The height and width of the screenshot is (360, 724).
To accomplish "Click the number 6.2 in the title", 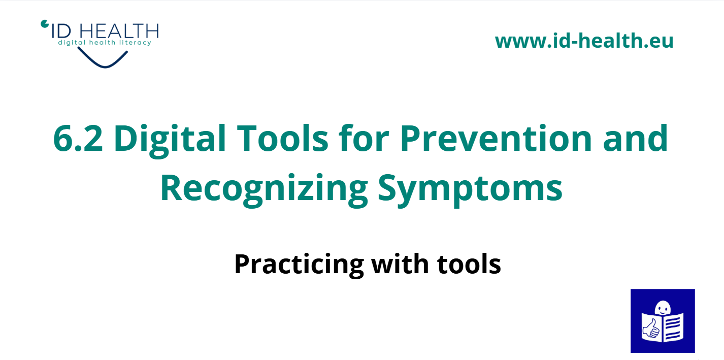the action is point(78,138).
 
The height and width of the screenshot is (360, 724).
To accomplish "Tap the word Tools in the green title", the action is point(283,138).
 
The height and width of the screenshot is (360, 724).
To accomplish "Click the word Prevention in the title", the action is point(496,138).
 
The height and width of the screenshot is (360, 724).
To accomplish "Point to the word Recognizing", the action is point(264,190).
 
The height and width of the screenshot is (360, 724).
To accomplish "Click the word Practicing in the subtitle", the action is point(299,265).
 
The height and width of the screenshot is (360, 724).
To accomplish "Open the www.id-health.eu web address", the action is point(584,41).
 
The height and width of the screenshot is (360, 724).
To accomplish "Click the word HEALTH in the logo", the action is point(119,31).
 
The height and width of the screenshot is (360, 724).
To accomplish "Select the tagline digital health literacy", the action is point(105,43).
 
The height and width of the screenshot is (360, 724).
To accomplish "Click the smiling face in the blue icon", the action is point(663,308).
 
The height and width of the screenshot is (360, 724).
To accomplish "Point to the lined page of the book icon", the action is point(674,328).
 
